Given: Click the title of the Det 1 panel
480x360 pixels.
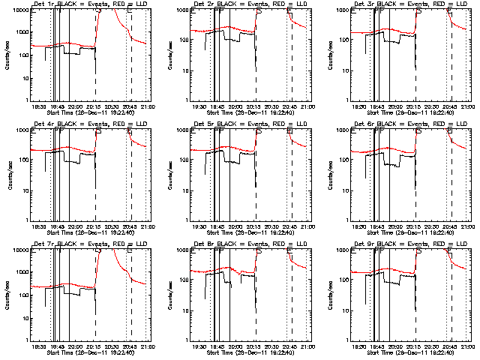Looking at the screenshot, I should pyautogui.click(x=89, y=4).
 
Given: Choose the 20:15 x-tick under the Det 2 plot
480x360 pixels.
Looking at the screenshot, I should pyautogui.click(x=254, y=107).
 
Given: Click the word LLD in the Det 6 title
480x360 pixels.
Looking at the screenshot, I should pyautogui.click(x=466, y=124).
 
